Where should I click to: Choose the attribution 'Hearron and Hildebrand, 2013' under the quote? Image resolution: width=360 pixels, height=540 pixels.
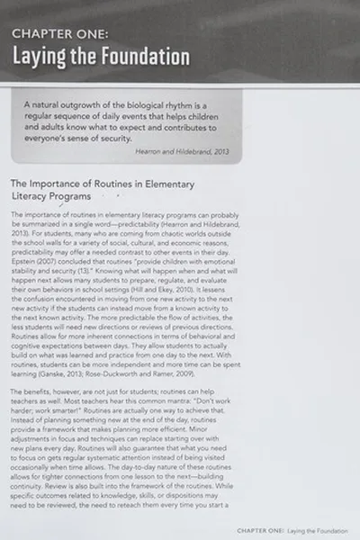184,151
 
